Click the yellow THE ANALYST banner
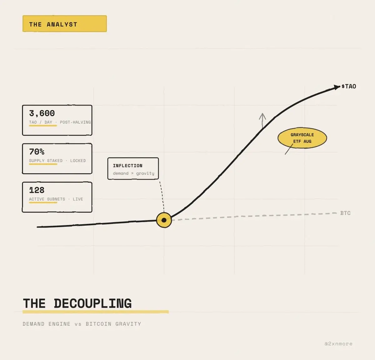pyautogui.click(x=65, y=24)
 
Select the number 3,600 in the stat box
pyautogui.click(x=42, y=113)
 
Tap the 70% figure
pyautogui.click(x=37, y=152)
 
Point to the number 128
pyautogui.click(x=37, y=190)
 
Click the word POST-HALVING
pyautogui.click(x=75, y=122)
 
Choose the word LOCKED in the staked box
pyautogui.click(x=78, y=161)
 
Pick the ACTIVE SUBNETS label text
pyautogui.click(x=47, y=199)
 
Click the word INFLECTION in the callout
pyautogui.click(x=127, y=166)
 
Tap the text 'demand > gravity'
pyautogui.click(x=133, y=173)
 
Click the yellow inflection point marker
pyautogui.click(x=164, y=220)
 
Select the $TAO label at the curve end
pyautogui.click(x=349, y=86)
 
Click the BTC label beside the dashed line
pyautogui.click(x=345, y=213)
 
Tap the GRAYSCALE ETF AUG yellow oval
pyautogui.click(x=302, y=138)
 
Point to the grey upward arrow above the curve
pyautogui.click(x=262, y=120)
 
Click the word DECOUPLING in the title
pyautogui.click(x=93, y=303)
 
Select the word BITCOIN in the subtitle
pyautogui.click(x=98, y=324)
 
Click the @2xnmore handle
pyautogui.click(x=338, y=344)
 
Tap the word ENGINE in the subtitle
pyautogui.click(x=59, y=324)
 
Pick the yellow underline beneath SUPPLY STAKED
pyautogui.click(x=43, y=164)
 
